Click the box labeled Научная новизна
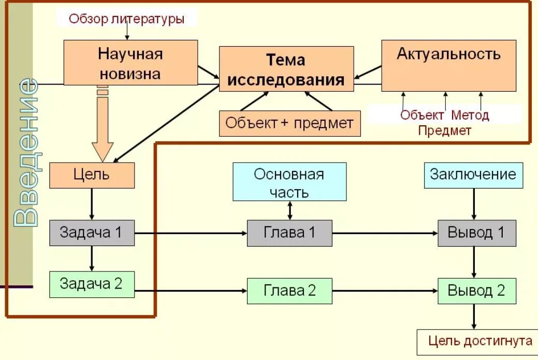coord(130,63)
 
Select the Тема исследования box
coord(286,69)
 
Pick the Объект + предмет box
coord(289,123)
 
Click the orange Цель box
coord(92,175)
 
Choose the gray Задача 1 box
coord(92,233)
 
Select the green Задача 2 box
coord(92,284)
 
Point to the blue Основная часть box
coord(289,182)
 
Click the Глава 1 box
coord(289,233)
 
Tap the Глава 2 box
coord(289,291)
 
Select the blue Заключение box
coord(473,175)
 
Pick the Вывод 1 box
coord(476,233)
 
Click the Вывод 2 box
coord(476,290)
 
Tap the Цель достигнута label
coord(480,341)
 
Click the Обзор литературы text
coord(127,19)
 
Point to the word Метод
coord(470,114)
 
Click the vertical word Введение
coord(25,153)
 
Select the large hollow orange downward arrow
coord(103,127)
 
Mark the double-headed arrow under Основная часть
coord(289,210)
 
